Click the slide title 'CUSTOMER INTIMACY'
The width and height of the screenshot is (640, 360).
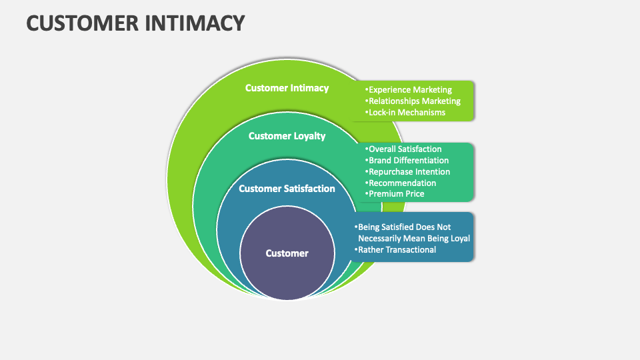point(135,23)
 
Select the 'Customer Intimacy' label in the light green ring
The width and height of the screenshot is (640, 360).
point(287,88)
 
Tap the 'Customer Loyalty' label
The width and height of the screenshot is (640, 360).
point(287,136)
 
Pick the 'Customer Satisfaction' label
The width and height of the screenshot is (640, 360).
point(287,189)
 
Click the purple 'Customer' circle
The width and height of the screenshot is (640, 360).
point(287,253)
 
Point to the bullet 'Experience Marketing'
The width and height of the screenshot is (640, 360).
point(409,90)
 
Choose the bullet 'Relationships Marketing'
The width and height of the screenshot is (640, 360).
point(413,101)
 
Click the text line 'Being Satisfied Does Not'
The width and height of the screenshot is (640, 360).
point(403,227)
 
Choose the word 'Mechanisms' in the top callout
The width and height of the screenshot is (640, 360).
point(421,113)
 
